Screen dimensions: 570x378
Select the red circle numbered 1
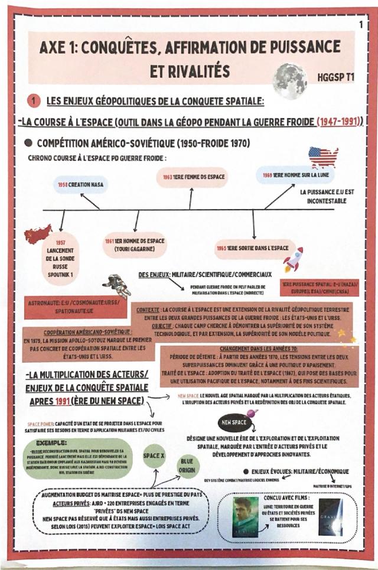(x=34, y=102)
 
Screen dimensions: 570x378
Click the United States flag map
(x=323, y=158)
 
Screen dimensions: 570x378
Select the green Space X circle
(x=155, y=457)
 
